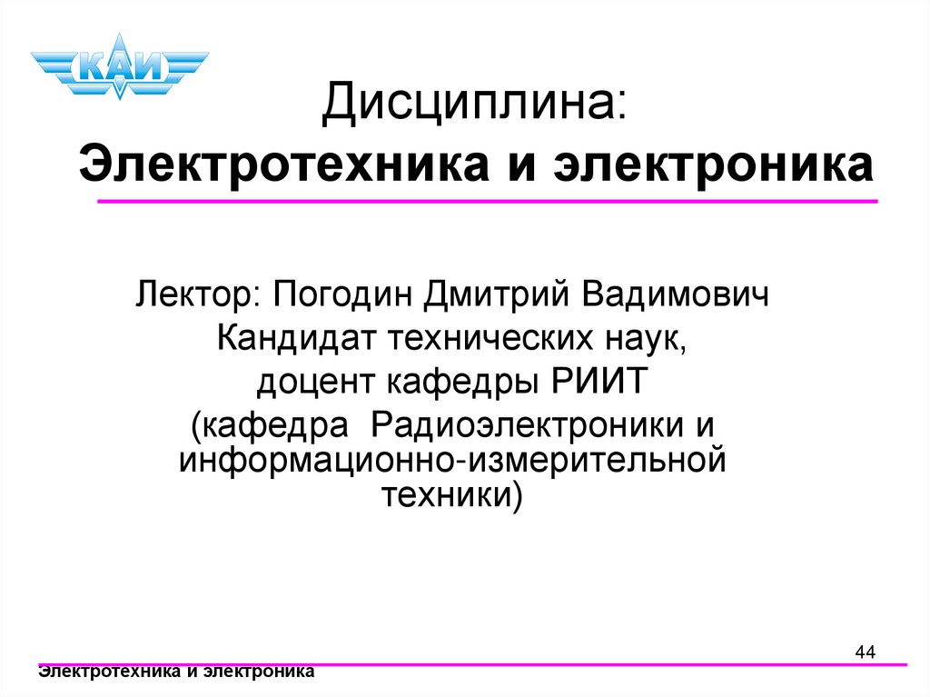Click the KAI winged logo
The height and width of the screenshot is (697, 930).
point(119,66)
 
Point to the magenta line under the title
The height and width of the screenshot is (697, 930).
point(487,201)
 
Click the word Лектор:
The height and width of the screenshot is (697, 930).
point(198,295)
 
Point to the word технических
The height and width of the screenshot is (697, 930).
point(492,340)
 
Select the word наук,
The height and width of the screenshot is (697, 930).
point(649,340)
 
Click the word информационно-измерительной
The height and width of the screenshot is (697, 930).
point(453,460)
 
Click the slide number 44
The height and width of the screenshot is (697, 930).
point(865,652)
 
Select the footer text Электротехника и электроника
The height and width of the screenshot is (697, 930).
point(176,672)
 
